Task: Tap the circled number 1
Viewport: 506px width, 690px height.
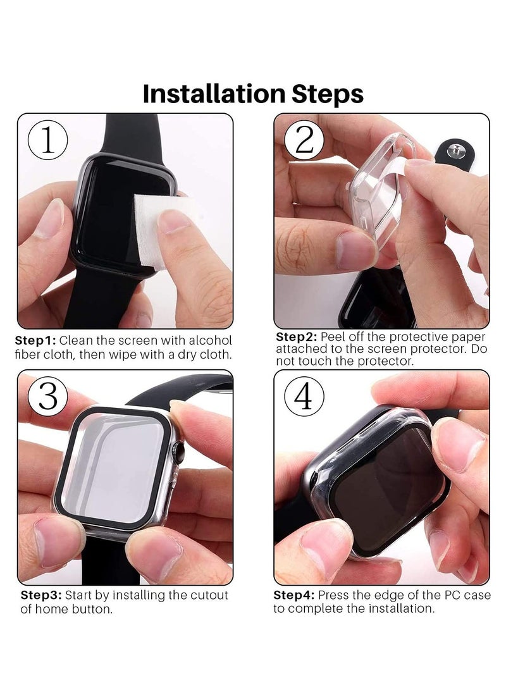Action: [48, 140]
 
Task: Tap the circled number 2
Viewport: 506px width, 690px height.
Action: [304, 140]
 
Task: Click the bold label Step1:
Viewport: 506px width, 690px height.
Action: [35, 340]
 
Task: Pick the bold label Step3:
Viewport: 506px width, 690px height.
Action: [42, 596]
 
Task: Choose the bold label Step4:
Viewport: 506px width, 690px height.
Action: [295, 596]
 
